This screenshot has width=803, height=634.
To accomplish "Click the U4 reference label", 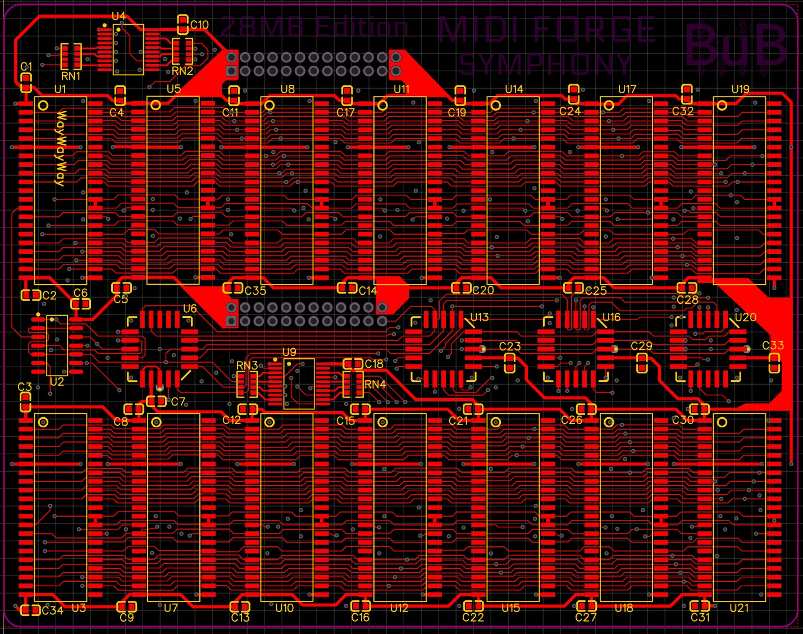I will coord(118,16).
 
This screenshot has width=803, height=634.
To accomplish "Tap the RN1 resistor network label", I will coord(71,76).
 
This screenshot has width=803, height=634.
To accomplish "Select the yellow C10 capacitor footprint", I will coord(182,24).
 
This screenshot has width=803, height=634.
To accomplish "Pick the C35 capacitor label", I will coord(255,290).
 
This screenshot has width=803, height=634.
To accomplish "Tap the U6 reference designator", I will coord(190,309).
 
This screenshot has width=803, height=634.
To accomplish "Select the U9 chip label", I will coord(289,352).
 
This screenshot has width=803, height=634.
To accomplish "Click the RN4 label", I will coord(375,385).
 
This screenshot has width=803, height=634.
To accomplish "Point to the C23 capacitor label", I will coord(510,346).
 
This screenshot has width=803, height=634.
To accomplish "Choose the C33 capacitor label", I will coord(773,345).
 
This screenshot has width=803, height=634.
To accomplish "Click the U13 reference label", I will coord(479,317).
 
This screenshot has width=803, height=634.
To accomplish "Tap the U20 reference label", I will coord(746,317).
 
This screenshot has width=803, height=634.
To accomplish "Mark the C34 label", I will coord(52,610).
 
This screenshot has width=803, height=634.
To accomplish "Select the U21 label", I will coord(739,608).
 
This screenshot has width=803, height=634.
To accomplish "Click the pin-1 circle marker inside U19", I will coord(722,105).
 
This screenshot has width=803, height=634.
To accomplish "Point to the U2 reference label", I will coord(57,382).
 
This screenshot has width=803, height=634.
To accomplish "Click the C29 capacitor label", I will coord(641,346).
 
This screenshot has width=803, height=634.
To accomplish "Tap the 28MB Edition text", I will coord(314,27).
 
